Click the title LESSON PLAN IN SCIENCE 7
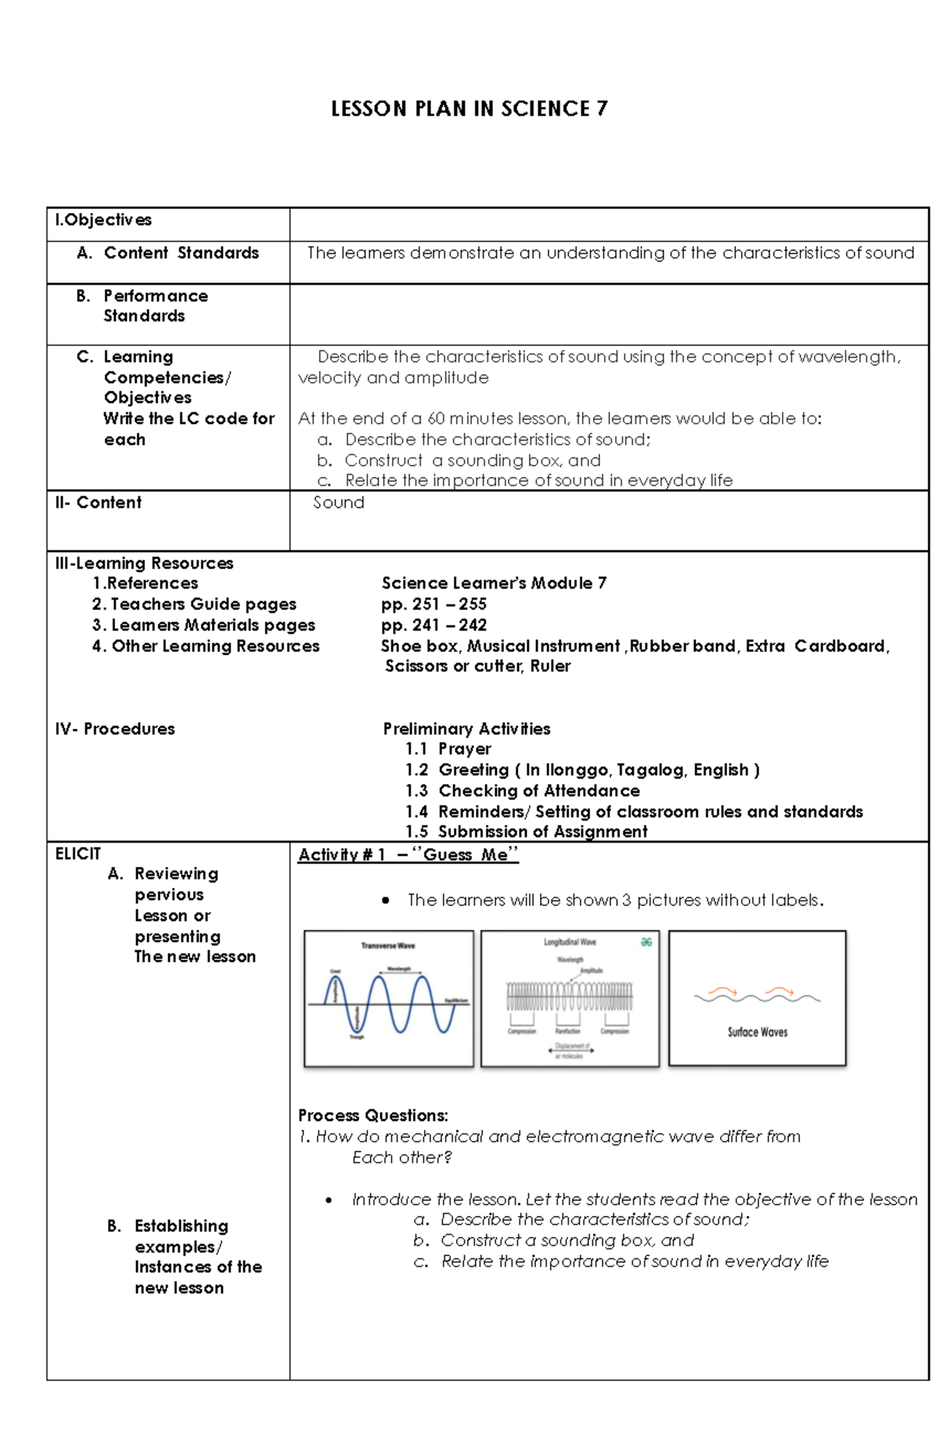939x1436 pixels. (469, 109)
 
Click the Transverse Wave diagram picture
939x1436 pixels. (389, 998)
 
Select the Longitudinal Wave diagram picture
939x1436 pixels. (570, 998)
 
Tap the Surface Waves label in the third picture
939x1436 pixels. (757, 1032)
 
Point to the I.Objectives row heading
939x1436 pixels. (103, 220)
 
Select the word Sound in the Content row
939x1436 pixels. (339, 502)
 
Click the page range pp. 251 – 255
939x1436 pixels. (434, 604)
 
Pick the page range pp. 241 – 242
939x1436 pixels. (434, 625)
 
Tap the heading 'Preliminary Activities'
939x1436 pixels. (466, 729)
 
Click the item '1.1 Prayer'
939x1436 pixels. (448, 749)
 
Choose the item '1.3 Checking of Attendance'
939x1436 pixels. (522, 790)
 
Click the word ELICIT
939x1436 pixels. (77, 854)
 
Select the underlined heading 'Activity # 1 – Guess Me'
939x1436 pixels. (408, 855)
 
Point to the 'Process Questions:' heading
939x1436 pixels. (372, 1115)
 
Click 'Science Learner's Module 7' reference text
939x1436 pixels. (494, 583)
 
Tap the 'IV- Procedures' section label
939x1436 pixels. (114, 729)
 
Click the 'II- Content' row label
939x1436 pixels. (98, 502)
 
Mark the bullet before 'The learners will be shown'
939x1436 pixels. (386, 901)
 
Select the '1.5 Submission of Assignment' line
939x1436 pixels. (526, 832)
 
